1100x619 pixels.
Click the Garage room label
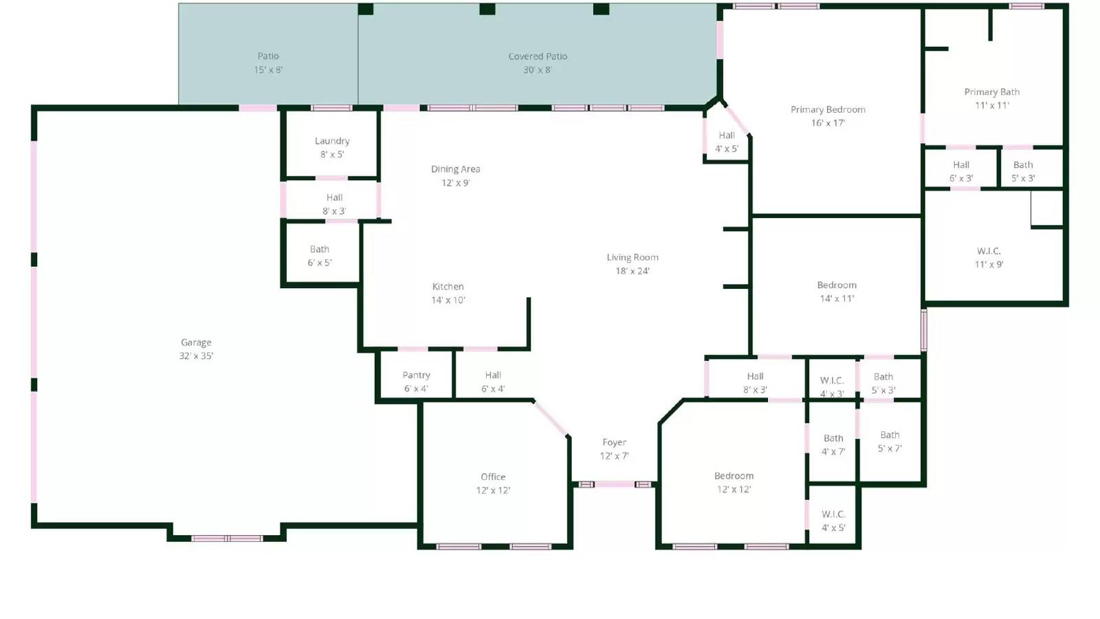point(196,343)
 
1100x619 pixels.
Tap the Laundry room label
point(332,141)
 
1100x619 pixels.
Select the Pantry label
point(416,376)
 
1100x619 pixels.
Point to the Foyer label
point(614,442)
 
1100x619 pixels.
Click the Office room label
point(493,477)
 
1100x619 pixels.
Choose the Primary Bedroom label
point(828,109)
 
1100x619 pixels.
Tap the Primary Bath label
point(992,92)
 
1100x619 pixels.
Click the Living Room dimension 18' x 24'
point(632,271)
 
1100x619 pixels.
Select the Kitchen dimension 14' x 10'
point(448,300)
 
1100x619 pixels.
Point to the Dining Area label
point(456,169)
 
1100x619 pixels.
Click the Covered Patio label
point(538,56)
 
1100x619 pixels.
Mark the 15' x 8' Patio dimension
point(268,69)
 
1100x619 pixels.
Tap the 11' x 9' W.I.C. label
point(989,264)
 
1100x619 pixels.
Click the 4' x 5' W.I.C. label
point(833,528)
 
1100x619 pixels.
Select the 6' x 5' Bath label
point(320,263)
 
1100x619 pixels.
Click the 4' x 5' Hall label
point(727,149)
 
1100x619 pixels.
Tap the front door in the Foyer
point(615,484)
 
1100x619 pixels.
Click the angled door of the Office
point(551,419)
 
